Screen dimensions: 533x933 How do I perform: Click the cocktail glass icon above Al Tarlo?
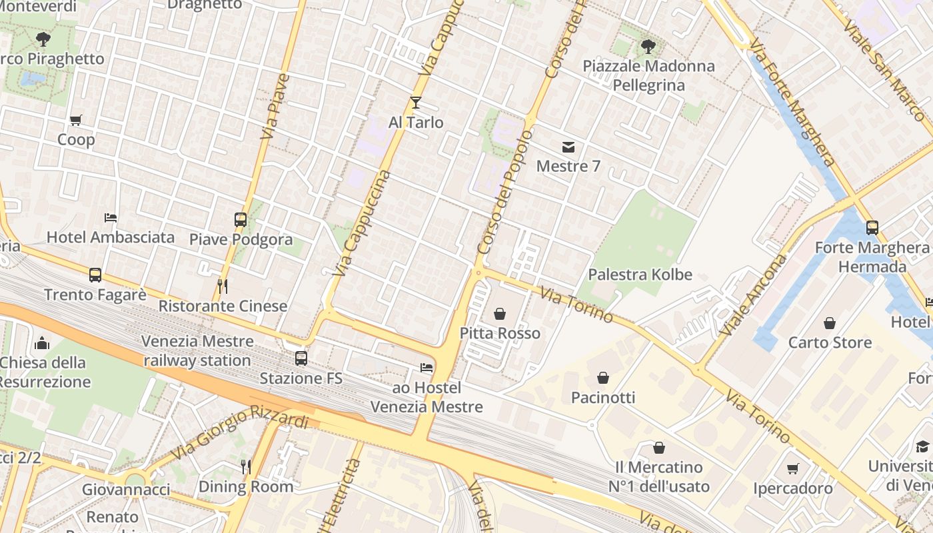pos(416,103)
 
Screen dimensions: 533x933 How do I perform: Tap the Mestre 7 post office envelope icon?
pos(568,147)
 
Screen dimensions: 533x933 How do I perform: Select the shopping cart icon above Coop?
pos(76,121)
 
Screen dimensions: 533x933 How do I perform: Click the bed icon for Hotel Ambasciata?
pos(111,218)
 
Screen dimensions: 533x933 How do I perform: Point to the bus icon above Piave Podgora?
pos(241,220)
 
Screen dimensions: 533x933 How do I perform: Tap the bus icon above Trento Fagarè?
pos(95,275)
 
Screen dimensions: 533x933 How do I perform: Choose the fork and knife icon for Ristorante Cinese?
pos(223,286)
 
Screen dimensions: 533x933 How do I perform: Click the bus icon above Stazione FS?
pos(301,358)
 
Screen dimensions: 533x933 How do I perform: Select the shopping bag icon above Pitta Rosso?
pos(500,314)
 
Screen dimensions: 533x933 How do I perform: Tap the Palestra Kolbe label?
pos(640,274)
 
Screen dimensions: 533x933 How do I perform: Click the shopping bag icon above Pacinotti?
pos(603,378)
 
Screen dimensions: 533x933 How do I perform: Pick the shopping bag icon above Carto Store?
pos(830,323)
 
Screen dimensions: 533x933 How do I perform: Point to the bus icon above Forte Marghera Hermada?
pos(872,228)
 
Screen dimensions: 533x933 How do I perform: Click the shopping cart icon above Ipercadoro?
pos(793,469)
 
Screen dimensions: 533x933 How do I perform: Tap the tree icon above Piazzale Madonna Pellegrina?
pos(647,47)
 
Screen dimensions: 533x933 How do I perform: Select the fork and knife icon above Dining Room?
pos(246,467)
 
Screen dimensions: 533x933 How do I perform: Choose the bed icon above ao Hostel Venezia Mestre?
pos(427,368)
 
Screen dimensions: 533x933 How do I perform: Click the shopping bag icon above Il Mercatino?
pos(659,448)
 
